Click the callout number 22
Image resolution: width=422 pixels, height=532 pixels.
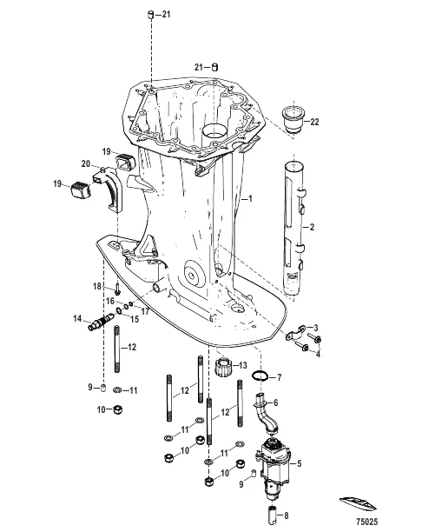tap(314, 121)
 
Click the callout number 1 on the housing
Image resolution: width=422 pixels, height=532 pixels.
tap(250, 198)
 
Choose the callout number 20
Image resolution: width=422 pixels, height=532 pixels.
tap(98, 163)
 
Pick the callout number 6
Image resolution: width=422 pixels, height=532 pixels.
tap(278, 402)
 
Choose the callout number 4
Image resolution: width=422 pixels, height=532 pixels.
tap(317, 353)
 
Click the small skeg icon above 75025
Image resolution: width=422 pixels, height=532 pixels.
tap(364, 505)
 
